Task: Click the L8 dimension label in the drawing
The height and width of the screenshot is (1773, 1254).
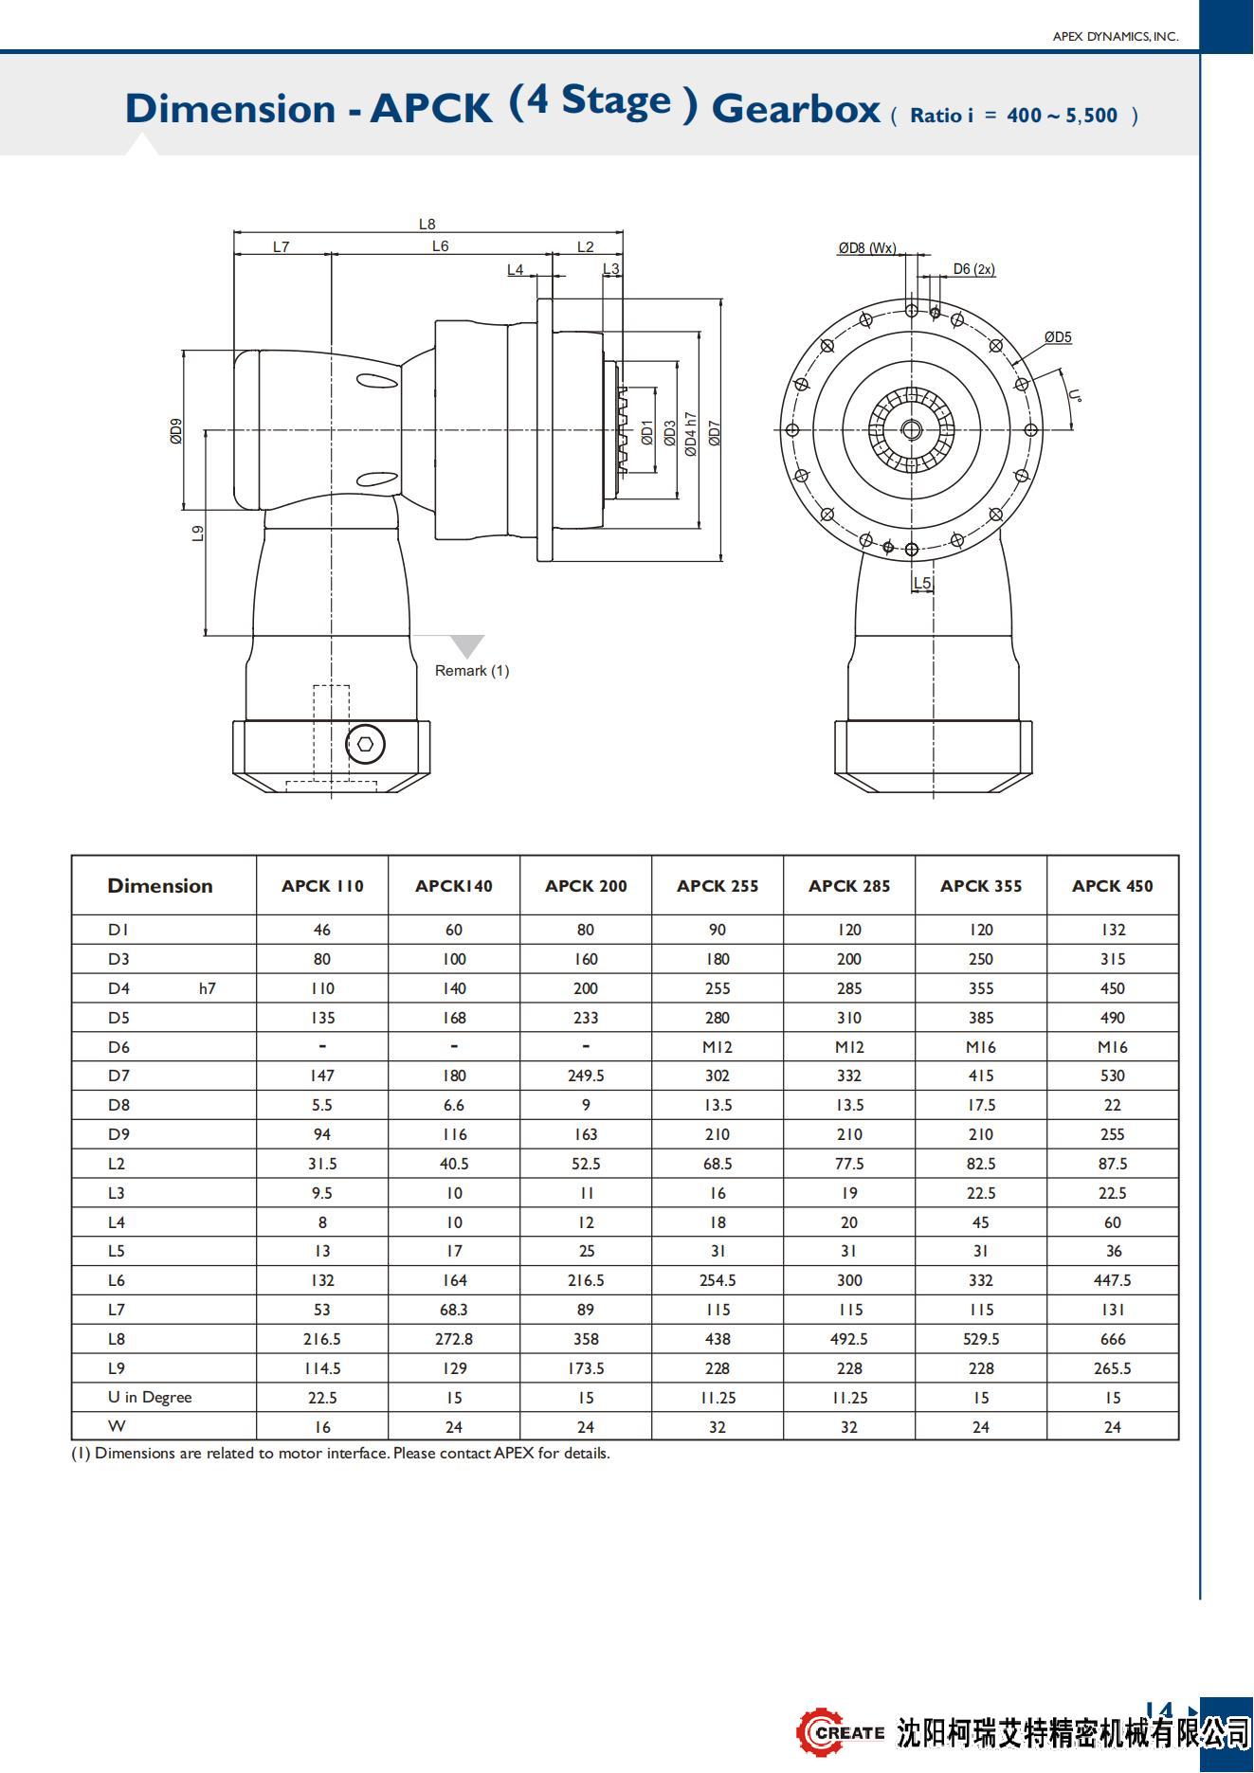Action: (427, 225)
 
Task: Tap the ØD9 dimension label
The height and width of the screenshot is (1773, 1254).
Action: (176, 431)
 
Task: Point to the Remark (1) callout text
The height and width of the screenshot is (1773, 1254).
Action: (472, 671)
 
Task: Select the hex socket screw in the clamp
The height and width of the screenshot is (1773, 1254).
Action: (366, 744)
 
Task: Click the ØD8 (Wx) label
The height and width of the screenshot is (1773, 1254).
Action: (866, 248)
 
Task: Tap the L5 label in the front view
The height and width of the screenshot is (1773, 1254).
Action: (922, 583)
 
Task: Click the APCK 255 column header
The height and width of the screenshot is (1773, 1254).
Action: (718, 886)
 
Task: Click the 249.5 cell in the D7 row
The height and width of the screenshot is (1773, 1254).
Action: (586, 1076)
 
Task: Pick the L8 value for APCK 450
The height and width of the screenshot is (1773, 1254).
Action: (1113, 1339)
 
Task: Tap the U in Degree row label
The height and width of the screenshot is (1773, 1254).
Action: (150, 1398)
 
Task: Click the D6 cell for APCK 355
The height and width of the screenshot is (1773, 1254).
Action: (981, 1047)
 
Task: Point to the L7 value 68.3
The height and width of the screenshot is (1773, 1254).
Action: (454, 1310)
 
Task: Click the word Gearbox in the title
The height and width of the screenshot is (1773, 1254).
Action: (795, 109)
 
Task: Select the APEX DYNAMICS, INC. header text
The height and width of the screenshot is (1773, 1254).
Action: (1116, 37)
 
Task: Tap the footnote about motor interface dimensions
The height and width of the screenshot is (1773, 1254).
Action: (340, 1454)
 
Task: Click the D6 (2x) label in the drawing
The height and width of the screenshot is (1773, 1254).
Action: (973, 269)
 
